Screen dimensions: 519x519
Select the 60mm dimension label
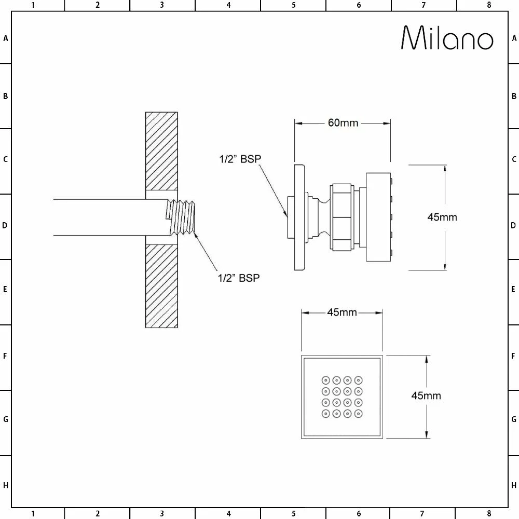tap(343, 123)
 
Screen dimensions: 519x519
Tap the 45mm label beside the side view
tap(442, 217)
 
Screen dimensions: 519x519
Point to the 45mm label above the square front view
tap(342, 312)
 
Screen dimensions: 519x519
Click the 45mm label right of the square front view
tap(426, 395)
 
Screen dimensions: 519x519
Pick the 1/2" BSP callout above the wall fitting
tap(240, 159)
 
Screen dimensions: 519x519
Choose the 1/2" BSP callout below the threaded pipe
tap(238, 278)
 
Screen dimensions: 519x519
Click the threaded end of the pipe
tap(182, 217)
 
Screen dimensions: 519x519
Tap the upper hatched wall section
tap(161, 151)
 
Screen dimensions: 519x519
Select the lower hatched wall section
tap(161, 285)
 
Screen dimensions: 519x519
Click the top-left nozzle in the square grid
tap(325, 379)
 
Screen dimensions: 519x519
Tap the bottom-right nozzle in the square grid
tap(359, 414)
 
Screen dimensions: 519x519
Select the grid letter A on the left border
tap(5, 38)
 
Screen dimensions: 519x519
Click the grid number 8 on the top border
tap(488, 5)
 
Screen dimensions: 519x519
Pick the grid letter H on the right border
tap(514, 485)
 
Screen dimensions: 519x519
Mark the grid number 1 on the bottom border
tap(32, 514)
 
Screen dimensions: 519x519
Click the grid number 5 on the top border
tap(293, 5)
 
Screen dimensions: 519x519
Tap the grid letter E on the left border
tap(5, 289)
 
